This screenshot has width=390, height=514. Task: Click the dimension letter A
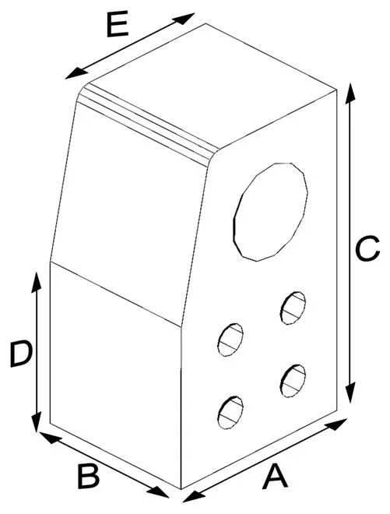[x=276, y=476]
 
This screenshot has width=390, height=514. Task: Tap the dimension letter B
[x=89, y=476]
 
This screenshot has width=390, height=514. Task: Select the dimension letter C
[x=367, y=248]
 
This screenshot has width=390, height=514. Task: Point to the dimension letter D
[x=21, y=354]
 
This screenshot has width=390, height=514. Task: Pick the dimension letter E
[x=118, y=25]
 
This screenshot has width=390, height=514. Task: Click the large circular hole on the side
[x=271, y=212]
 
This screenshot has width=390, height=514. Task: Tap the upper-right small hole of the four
[x=293, y=308]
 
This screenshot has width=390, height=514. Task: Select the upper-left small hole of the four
[x=230, y=340]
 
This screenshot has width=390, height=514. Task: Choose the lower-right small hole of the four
[x=293, y=381]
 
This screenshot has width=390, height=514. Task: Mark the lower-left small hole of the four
[x=230, y=413]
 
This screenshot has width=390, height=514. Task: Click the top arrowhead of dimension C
[x=350, y=93]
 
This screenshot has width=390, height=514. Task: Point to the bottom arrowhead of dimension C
[x=350, y=392]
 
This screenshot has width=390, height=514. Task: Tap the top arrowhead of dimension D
[x=36, y=282]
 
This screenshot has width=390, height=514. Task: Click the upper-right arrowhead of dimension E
[x=184, y=18]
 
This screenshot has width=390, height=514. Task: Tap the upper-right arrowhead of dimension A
[x=336, y=424]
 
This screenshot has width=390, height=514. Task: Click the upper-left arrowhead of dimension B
[x=50, y=438]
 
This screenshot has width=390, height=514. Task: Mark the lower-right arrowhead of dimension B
[x=158, y=491]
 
